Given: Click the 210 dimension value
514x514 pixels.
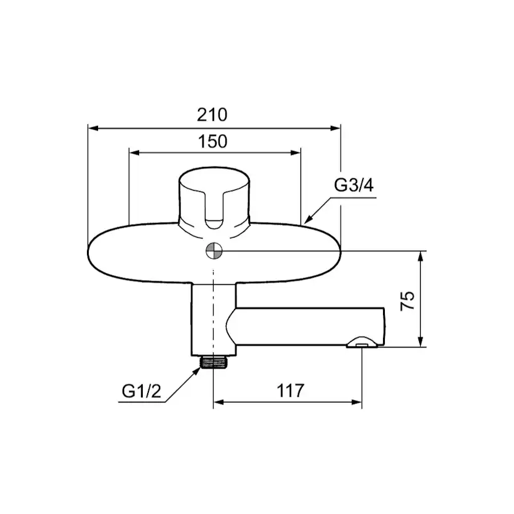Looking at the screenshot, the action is click(212, 115).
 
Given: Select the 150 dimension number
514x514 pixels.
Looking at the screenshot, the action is click(212, 142).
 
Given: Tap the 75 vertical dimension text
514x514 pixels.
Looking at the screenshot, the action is click(407, 300).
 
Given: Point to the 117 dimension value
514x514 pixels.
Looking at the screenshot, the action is click(291, 390).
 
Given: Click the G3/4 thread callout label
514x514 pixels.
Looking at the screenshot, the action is click(354, 185).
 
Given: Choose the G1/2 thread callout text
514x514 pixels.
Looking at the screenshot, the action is click(142, 390).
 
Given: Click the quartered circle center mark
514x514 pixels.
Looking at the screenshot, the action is click(214, 251).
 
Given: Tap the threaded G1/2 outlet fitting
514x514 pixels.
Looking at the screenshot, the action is click(214, 363).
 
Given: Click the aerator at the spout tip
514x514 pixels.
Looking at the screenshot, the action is click(362, 343).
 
